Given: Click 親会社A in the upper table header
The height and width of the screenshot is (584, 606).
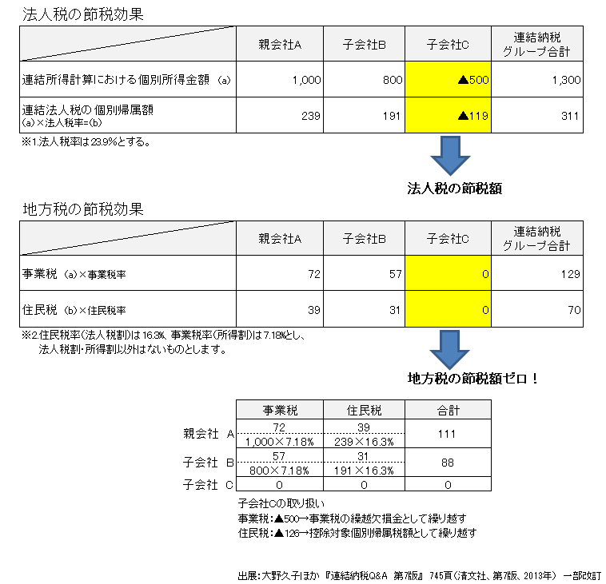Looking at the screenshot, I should coord(280,45).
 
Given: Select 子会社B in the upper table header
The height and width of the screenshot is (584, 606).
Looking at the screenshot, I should coord(365,45).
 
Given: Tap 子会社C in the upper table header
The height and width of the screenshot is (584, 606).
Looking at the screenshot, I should coord(448,45).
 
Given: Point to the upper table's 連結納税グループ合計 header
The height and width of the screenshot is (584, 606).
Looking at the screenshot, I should coord(536,44).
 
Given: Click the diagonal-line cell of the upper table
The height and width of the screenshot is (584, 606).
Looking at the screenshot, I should coord(128,44).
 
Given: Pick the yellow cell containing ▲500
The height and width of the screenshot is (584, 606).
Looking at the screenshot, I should coord(448,80).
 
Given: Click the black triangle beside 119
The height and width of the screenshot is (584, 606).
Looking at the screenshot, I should coord(462,116).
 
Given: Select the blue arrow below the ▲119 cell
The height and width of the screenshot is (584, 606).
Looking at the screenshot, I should coord(451,156).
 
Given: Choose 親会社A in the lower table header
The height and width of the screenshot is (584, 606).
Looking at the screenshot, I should coord(280,239).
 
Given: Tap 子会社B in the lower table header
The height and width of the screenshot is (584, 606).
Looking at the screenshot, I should coord(365,239).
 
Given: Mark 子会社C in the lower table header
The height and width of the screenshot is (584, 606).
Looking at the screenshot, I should coord(448,239).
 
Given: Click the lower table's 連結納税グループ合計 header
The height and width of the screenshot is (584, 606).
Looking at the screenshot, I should coord(536,238).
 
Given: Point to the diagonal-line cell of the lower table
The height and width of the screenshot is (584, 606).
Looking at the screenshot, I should coord(128,238).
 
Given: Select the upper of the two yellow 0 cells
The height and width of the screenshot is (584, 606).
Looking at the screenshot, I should coord(448,273).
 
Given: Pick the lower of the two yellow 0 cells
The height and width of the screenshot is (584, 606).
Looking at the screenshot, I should coord(448,309).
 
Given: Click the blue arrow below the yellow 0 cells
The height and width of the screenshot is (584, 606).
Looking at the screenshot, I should coord(450,350).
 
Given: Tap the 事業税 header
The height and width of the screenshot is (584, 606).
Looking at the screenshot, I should coord(280,411).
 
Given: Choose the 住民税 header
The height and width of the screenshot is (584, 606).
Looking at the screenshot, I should coord(365,411).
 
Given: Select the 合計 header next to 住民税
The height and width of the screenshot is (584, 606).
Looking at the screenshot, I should coord(448,411).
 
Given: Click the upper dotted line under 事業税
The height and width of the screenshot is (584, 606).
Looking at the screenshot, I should coord(280,434).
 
